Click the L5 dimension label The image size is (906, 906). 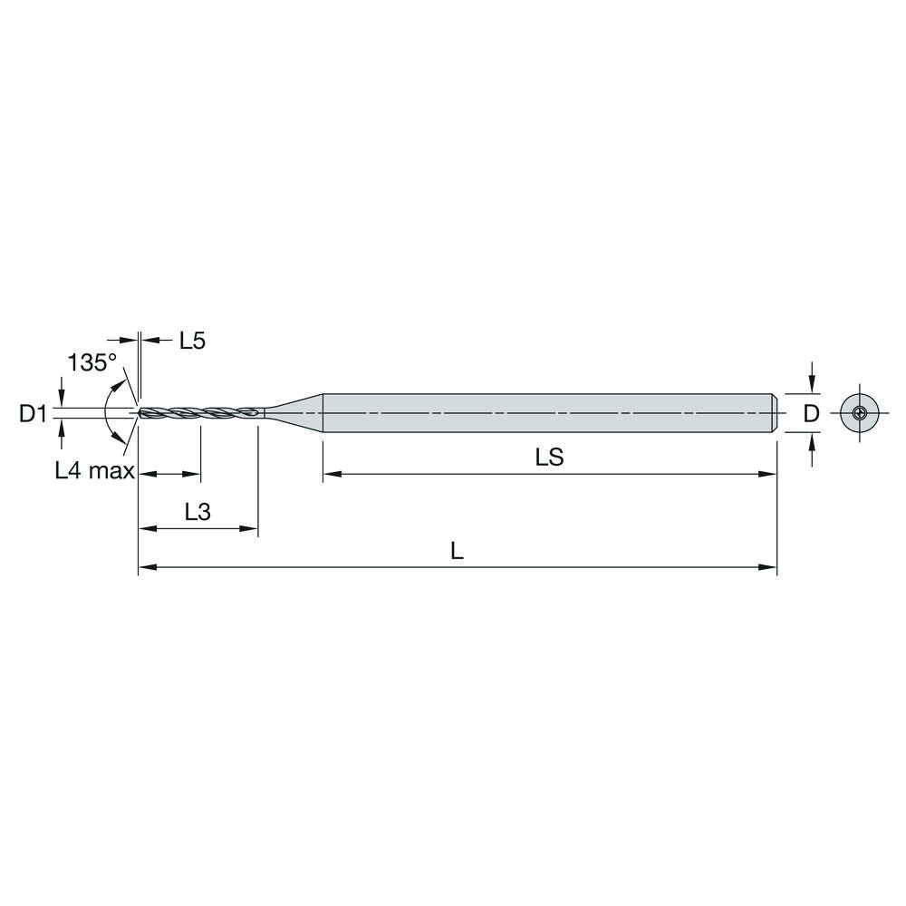tap(192, 341)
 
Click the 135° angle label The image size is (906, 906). tap(92, 363)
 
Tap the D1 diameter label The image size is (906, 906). tap(33, 414)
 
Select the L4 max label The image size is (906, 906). tap(94, 469)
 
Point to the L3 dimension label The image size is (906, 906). tap(198, 512)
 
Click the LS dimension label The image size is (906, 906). tap(549, 458)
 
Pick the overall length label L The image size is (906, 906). tap(458, 552)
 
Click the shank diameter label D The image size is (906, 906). tap(812, 414)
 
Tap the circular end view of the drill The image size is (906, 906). tap(858, 414)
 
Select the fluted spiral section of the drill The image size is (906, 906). tap(199, 414)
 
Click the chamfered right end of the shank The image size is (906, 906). tap(776, 414)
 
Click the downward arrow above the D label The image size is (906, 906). tap(813, 381)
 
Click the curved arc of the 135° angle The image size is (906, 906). tap(106, 413)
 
